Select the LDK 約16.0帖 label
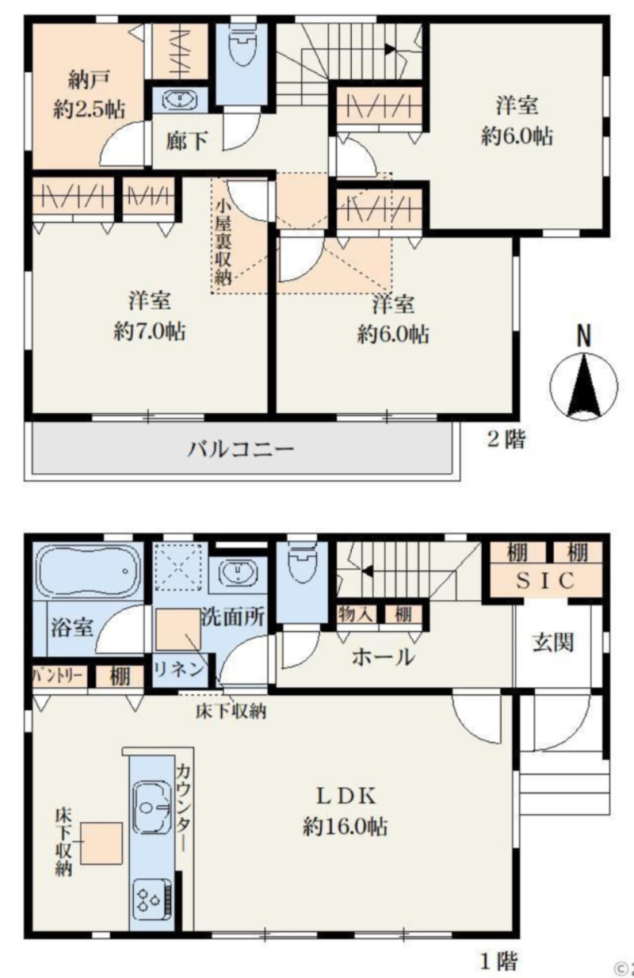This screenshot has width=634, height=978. (345, 811)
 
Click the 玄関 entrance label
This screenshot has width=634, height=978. (552, 643)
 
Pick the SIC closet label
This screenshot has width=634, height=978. (546, 581)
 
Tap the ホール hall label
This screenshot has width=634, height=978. (383, 656)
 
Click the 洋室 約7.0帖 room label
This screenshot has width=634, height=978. (150, 316)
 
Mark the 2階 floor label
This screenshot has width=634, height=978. (505, 439)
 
